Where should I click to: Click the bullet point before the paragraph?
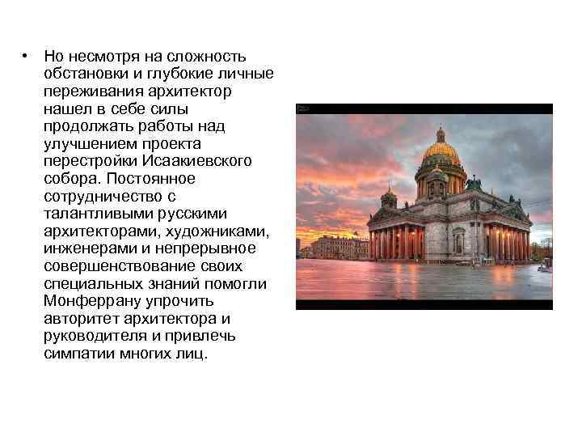[x=27, y=56]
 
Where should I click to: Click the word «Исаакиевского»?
[x=202, y=161]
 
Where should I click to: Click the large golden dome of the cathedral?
[x=441, y=151]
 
